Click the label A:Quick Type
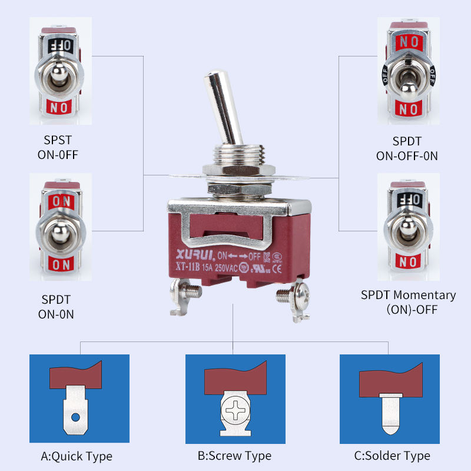pos(77,456)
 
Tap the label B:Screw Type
pos(234,456)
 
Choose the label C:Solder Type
pos(392,456)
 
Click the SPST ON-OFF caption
pos(58,148)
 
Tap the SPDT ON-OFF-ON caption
pos(407,148)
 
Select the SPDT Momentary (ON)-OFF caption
pos(408,301)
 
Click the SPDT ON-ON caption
pos(56,307)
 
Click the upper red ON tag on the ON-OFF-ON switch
pos(407,42)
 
